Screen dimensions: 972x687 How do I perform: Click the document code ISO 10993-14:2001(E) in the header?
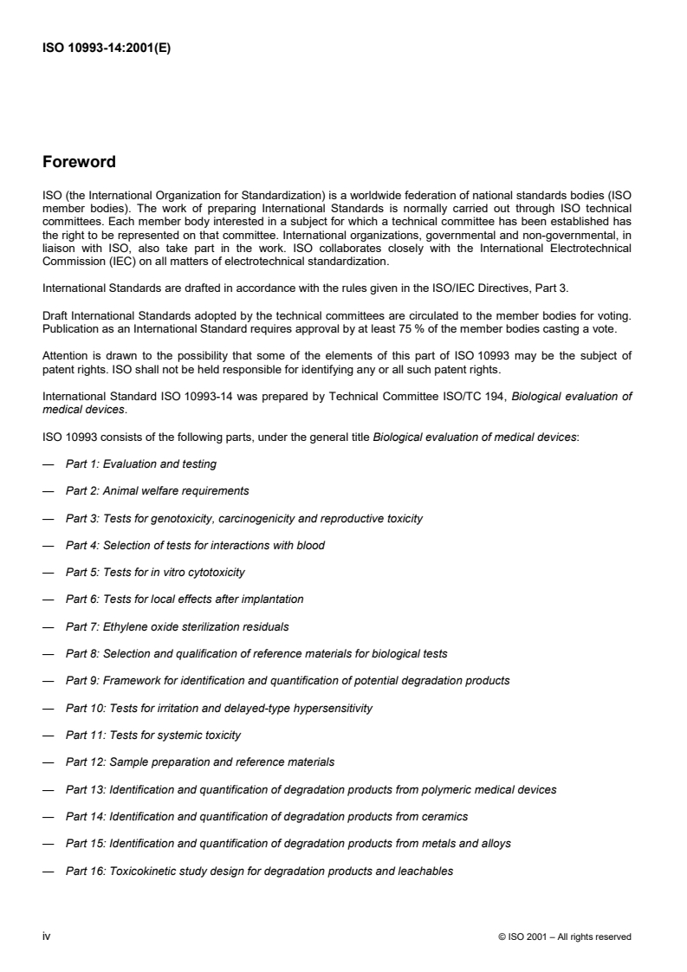[107, 49]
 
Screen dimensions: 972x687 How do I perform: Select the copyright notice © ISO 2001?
[564, 936]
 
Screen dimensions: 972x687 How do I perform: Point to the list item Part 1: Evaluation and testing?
[140, 464]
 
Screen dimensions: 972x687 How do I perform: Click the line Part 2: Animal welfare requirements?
[157, 491]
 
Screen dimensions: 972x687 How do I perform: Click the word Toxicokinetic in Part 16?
[144, 871]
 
